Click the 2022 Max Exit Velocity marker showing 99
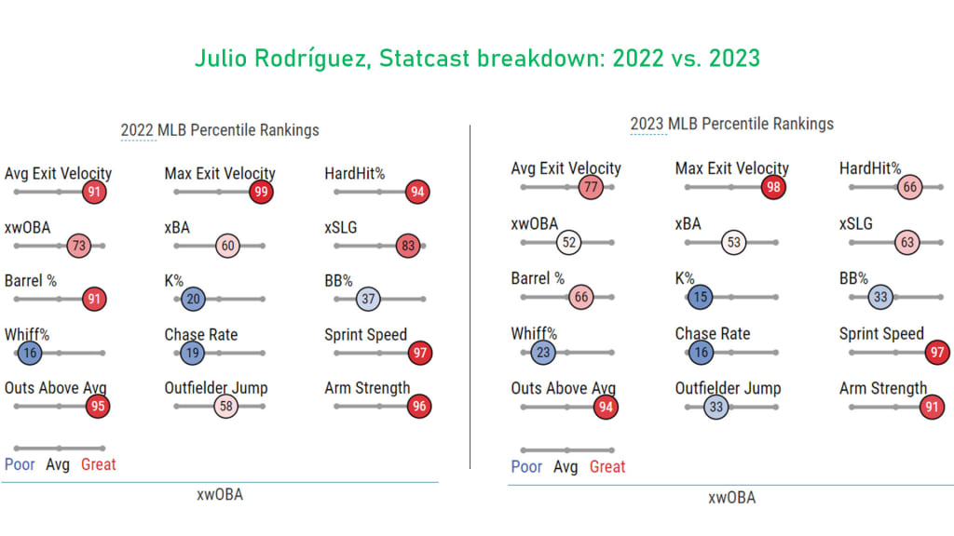coord(262,193)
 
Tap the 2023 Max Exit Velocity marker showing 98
coord(772,187)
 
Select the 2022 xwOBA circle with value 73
coord(80,246)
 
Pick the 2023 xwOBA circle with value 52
coord(568,242)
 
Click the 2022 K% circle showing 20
coord(193,299)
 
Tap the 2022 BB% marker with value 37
coord(369,299)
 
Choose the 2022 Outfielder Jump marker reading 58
coord(226,406)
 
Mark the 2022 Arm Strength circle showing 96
coord(419,406)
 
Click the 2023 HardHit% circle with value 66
coord(910,188)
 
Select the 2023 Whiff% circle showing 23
coord(543,353)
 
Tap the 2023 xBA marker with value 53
coord(733,243)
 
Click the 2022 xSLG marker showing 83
coord(406,246)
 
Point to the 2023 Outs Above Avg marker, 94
coord(606,407)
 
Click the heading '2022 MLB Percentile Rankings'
coord(220,130)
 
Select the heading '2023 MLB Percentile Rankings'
coord(731,124)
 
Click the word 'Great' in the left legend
coord(98,464)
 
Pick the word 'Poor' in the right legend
coord(526,467)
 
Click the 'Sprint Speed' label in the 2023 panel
coord(881,334)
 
